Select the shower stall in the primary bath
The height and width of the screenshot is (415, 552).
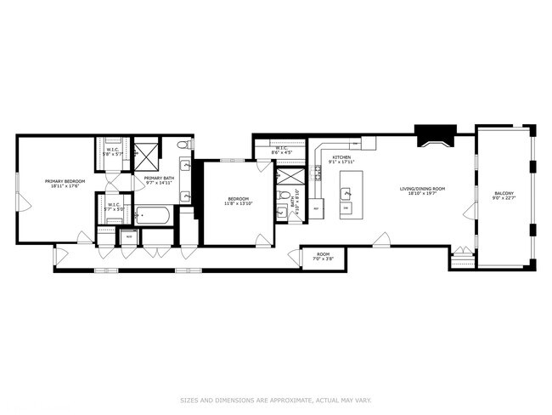[146, 156]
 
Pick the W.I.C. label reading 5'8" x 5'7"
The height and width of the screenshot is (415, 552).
[114, 154]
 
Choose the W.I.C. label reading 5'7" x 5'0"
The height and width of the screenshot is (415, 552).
[114, 207]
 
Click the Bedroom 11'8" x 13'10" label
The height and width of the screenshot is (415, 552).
[237, 202]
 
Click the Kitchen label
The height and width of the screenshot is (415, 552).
[341, 159]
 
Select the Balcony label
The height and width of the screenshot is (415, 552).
[504, 196]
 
